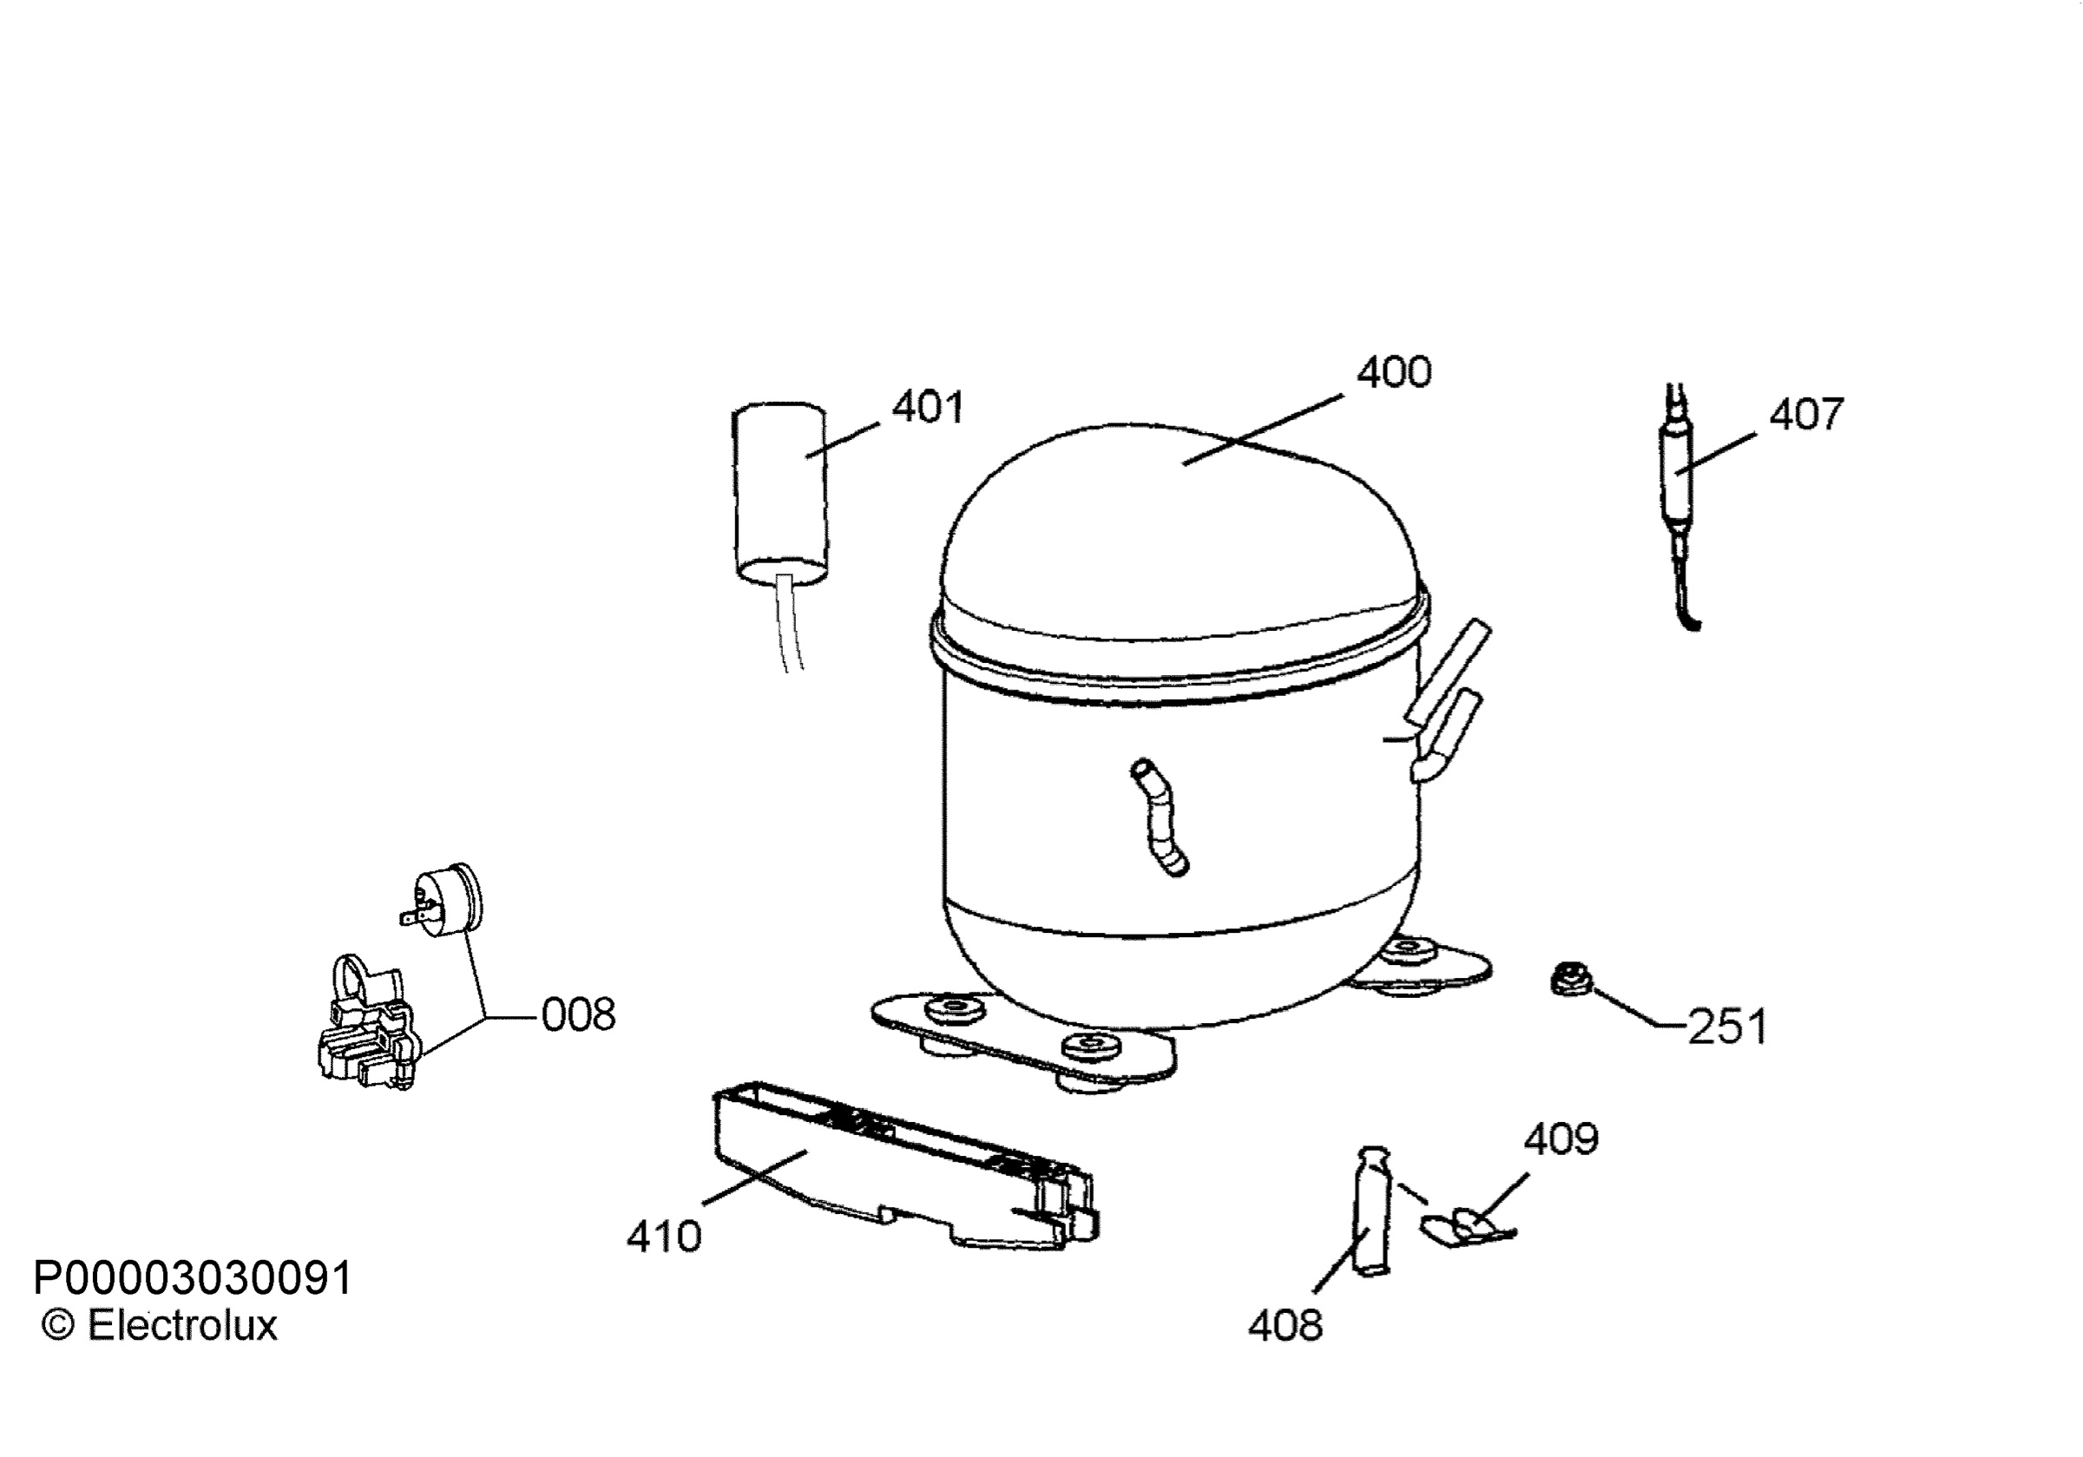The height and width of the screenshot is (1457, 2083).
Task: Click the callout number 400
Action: coord(1394,373)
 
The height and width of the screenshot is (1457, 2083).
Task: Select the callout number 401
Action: coord(927,407)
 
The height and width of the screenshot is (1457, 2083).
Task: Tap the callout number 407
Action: coord(1806,415)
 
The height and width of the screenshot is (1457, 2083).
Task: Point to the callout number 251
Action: coord(1727,1027)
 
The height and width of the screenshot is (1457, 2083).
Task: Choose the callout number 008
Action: coord(578,1014)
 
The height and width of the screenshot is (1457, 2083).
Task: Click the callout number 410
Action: coord(664,1237)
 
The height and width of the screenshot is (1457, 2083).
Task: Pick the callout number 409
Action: coord(1561,1139)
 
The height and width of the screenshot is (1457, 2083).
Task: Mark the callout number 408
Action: coord(1285,1326)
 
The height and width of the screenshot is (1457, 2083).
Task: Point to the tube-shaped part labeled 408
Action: coord(1370,1211)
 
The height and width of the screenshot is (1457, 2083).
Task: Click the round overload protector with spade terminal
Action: coord(443,898)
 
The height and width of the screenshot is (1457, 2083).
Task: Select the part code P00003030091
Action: coord(193,1278)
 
